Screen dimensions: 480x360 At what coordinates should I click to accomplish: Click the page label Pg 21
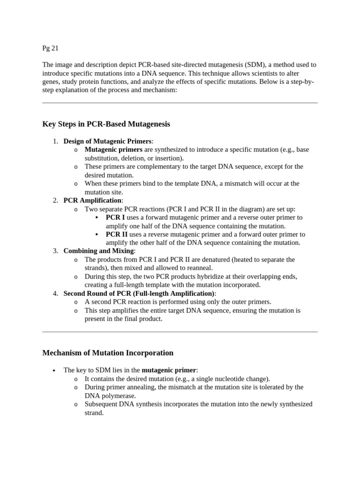[50, 48]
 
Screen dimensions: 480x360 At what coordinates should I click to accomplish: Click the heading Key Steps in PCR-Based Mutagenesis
[106, 124]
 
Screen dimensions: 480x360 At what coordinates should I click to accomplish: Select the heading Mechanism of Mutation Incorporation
[108, 353]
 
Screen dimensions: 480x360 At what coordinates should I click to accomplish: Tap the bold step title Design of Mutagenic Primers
[107, 141]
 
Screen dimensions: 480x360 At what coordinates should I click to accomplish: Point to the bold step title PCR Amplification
[92, 200]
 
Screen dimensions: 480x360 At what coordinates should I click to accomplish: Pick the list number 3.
[55, 251]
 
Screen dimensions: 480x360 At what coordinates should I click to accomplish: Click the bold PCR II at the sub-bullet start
[117, 234]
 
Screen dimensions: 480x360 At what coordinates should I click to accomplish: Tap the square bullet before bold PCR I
[96, 217]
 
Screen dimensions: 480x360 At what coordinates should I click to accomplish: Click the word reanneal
[200, 268]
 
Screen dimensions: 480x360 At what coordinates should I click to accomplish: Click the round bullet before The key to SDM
[55, 370]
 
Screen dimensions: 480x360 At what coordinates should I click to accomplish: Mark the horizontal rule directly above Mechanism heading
[180, 332]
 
